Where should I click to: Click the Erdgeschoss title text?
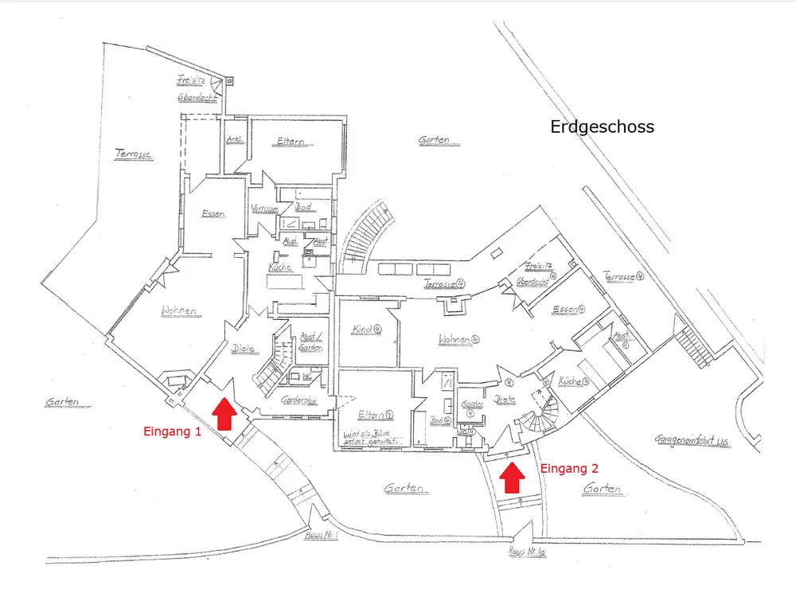coord(602,127)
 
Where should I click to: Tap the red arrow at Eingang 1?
coord(224,414)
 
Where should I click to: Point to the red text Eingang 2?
coord(569,468)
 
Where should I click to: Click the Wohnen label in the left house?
coord(179,310)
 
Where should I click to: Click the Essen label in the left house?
coord(214,213)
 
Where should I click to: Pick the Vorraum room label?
coord(263,209)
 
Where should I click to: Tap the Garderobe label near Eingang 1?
coord(299,400)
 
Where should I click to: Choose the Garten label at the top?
coord(434,140)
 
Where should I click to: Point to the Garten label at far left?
coord(62,402)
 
